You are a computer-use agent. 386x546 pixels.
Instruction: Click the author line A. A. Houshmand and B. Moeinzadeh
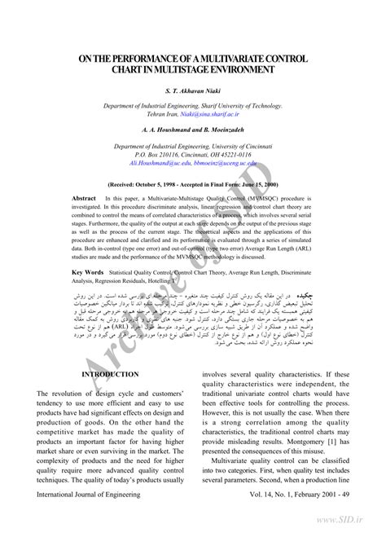193,130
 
